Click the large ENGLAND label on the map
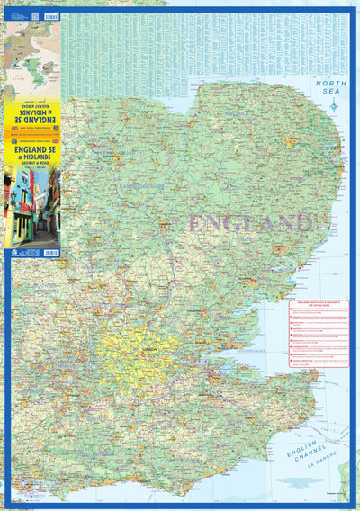[x=252, y=223]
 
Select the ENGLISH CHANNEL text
[x=305, y=455]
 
